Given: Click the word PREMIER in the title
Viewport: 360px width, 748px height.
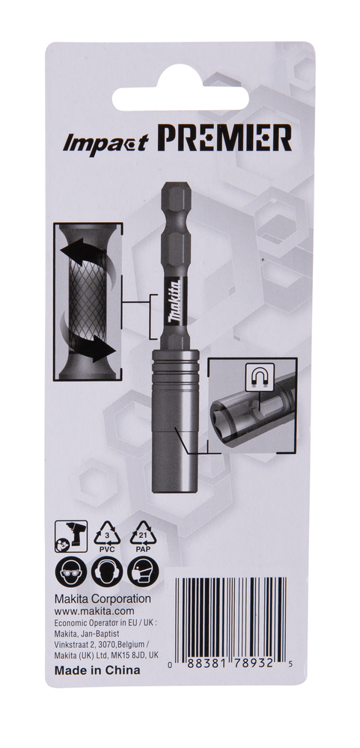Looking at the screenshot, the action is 225,138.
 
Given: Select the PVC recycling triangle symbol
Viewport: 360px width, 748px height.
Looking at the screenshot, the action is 109,536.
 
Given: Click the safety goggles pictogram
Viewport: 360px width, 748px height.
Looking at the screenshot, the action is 71,571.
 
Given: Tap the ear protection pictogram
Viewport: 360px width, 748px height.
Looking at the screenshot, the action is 107,571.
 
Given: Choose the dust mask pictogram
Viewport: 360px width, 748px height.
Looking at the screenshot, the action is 143,571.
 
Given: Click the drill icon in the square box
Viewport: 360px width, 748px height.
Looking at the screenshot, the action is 71,536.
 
